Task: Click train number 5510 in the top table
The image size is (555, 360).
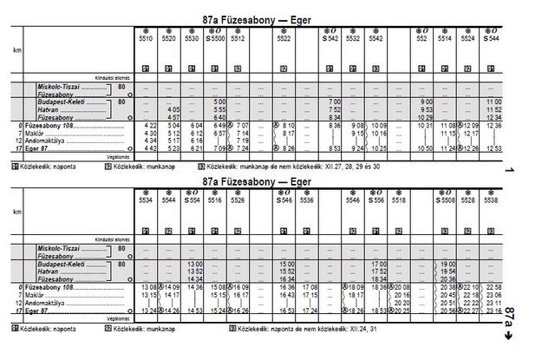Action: (146, 39)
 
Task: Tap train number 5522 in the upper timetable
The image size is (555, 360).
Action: (284, 39)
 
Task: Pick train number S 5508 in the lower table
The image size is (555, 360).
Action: (446, 200)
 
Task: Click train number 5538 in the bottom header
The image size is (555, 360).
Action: (492, 200)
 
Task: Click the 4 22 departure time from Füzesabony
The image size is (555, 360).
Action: (148, 126)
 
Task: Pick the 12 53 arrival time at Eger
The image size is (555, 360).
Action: (494, 148)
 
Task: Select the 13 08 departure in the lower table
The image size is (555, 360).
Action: (148, 286)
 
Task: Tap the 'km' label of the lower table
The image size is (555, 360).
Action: (17, 211)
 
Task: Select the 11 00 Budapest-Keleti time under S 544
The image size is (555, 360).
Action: (494, 102)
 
